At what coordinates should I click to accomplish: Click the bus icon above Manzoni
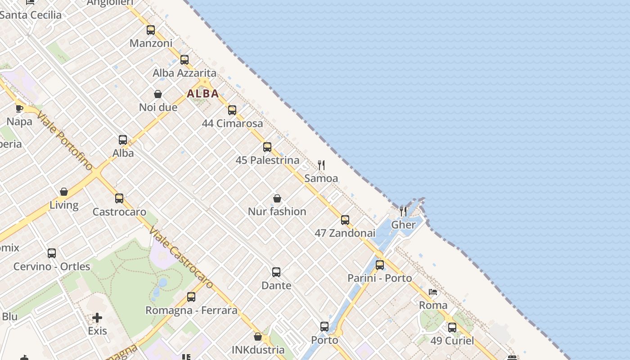pyautogui.click(x=151, y=30)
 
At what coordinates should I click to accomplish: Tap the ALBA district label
pyautogui.click(x=203, y=94)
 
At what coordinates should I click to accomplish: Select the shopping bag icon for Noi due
pyautogui.click(x=158, y=94)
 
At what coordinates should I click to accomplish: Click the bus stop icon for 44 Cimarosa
pyautogui.click(x=232, y=110)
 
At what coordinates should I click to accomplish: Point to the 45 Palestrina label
pyautogui.click(x=267, y=160)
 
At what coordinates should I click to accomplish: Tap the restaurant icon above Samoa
pyautogui.click(x=321, y=165)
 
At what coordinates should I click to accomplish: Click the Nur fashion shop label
pyautogui.click(x=277, y=211)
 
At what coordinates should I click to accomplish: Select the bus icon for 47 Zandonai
pyautogui.click(x=345, y=220)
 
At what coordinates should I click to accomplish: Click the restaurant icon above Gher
pyautogui.click(x=403, y=211)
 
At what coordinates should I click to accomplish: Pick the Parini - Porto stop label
pyautogui.click(x=379, y=278)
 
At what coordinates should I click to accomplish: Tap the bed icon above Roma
pyautogui.click(x=433, y=292)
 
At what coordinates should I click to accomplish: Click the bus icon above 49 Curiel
pyautogui.click(x=452, y=328)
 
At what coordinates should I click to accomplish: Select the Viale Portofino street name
pyautogui.click(x=65, y=140)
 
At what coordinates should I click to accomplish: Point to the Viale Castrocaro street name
pyautogui.click(x=181, y=257)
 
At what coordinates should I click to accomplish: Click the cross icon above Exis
pyautogui.click(x=97, y=318)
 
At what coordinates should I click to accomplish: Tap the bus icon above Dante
pyautogui.click(x=276, y=272)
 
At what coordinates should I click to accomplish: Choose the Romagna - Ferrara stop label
pyautogui.click(x=191, y=310)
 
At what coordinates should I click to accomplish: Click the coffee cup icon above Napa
pyautogui.click(x=19, y=108)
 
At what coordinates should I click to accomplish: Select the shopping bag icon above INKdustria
pyautogui.click(x=258, y=337)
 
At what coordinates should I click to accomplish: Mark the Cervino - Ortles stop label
pyautogui.click(x=52, y=266)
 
